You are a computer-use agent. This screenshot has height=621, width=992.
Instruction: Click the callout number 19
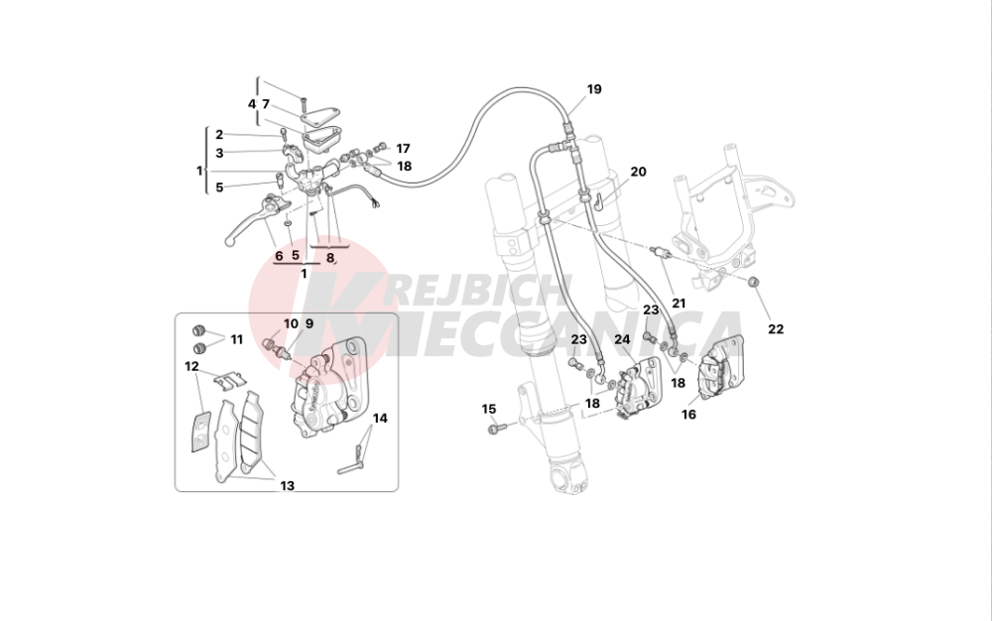593,89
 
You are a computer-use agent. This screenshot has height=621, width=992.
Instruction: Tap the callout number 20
638,172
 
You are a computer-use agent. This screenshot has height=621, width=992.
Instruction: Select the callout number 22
776,329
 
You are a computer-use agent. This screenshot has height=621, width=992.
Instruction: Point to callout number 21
679,303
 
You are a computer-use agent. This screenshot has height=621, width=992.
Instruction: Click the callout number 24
622,339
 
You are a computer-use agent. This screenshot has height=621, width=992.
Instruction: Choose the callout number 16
688,415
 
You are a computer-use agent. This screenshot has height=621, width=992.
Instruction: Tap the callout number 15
488,409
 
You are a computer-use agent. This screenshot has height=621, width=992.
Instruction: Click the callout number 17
402,148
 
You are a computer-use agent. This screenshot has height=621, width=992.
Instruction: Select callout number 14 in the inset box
380,418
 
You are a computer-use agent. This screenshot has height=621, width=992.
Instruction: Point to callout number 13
287,486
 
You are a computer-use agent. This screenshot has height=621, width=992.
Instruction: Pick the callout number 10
291,323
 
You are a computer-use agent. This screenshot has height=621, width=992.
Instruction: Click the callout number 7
266,103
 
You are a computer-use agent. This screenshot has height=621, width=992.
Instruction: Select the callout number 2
218,134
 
